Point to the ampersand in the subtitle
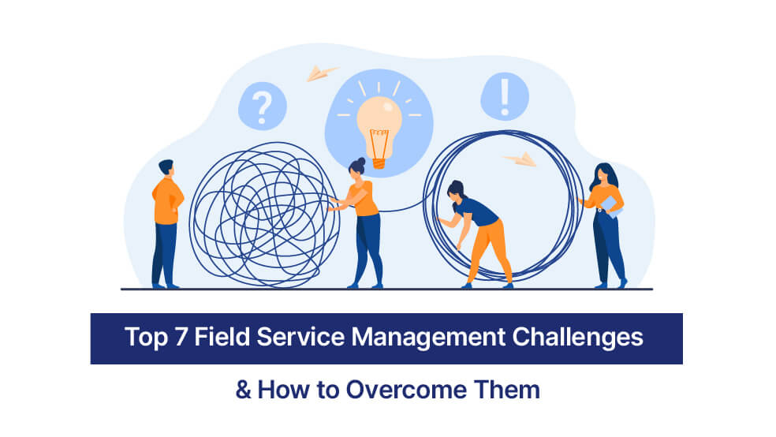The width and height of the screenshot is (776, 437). [x=242, y=389]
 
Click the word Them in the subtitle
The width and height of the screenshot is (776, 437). [x=509, y=389]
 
